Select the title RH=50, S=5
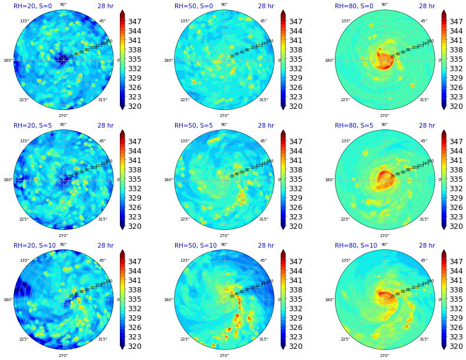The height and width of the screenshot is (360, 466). click(193, 126)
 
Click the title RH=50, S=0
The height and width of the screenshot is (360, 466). click(193, 6)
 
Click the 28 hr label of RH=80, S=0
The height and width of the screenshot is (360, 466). click(427, 6)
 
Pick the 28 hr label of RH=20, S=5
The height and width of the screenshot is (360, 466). click(106, 126)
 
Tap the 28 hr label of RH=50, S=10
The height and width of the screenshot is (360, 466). click(266, 246)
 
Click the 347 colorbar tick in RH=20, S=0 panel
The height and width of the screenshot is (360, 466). click(135, 21)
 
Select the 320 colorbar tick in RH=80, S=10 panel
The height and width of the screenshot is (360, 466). click(457, 346)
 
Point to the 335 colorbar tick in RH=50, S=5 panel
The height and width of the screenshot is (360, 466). click(296, 179)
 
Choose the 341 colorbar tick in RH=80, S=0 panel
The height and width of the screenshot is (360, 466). click(457, 40)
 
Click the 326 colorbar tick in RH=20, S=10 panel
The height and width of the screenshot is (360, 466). click(135, 328)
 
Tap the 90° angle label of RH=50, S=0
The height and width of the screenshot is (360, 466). click(224, 5)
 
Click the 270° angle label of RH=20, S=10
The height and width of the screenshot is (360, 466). click(63, 355)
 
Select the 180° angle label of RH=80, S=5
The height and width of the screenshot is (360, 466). click(328, 180)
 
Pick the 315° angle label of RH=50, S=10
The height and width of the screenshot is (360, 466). click(263, 339)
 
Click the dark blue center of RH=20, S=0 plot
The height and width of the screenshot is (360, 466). click(62, 59)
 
